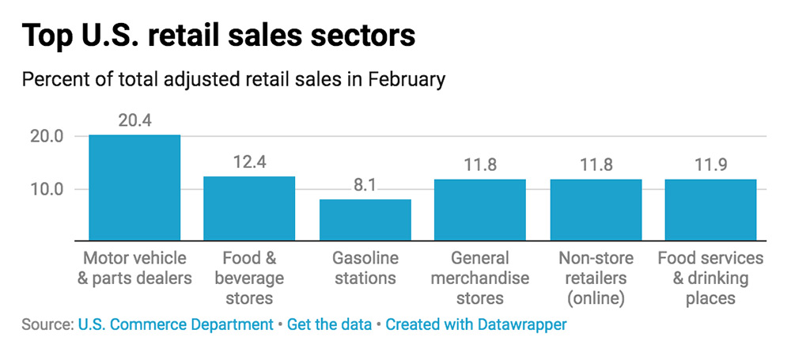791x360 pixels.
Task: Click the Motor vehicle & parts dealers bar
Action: (x=134, y=188)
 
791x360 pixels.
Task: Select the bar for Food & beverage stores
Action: (x=249, y=208)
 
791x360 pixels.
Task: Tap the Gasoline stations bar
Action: (x=365, y=220)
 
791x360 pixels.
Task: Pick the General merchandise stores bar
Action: (x=480, y=210)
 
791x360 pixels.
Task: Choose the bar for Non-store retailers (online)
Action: (x=596, y=210)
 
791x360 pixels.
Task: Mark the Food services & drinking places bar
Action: (x=710, y=210)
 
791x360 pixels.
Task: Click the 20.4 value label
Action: (x=134, y=121)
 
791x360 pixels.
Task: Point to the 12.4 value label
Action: (x=249, y=163)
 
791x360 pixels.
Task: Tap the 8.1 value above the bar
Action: (x=365, y=186)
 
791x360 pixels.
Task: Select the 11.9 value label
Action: (x=710, y=166)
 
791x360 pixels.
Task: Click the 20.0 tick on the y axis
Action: (x=47, y=136)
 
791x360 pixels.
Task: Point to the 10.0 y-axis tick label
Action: (x=47, y=190)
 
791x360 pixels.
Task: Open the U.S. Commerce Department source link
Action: (x=175, y=324)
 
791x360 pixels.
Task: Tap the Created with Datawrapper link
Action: (x=475, y=324)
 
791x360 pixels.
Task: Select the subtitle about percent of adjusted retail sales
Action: (x=233, y=80)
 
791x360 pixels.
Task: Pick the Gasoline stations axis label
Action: (x=365, y=268)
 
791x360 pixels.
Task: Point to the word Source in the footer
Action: (x=45, y=324)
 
